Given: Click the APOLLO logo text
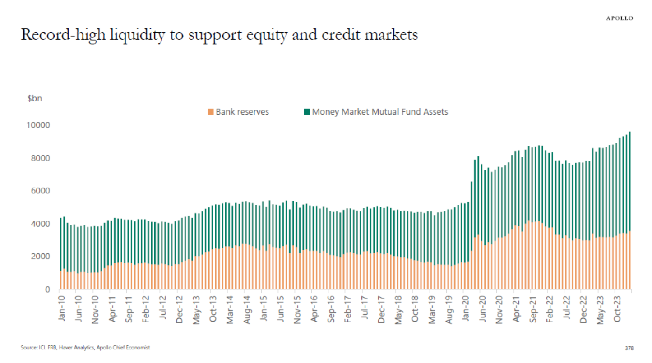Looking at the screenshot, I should pos(619,18).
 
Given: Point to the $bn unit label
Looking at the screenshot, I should pos(34,99).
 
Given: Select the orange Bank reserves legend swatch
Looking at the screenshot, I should pos(210,111).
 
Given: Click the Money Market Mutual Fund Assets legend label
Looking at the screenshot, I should pos(380,111).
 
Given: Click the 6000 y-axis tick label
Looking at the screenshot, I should pos(39,191).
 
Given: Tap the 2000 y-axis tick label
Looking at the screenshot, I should pos(39,257).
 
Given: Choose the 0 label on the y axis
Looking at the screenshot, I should pos(46,289).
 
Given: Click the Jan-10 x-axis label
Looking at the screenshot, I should pos(61,309).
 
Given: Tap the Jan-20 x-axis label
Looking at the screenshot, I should pos(465,309).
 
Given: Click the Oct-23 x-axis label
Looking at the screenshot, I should pos(616,309).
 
